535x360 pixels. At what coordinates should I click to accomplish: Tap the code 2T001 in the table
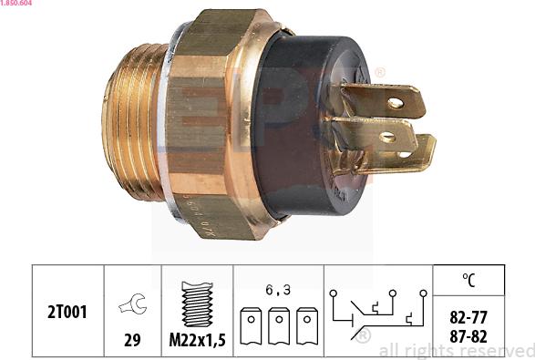pos(68,312)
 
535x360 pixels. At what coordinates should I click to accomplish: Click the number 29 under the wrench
pos(133,339)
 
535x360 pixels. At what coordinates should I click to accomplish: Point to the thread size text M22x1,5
pos(197,339)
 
